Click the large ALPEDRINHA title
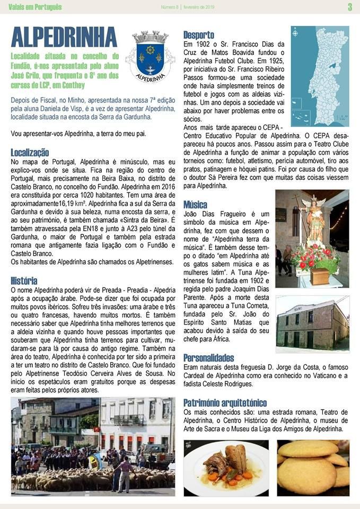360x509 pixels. [64, 37]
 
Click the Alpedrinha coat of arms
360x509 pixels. [150, 55]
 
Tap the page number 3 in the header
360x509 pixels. [350, 7]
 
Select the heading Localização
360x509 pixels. [30, 153]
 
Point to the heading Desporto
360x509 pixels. [199, 35]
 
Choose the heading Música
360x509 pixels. [195, 205]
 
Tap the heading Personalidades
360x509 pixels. [208, 357]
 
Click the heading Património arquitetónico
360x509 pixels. [225, 402]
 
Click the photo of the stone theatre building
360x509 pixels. [312, 323]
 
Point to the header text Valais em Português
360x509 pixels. [35, 7]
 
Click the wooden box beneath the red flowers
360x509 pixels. [320, 276]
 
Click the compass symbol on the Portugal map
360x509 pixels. [296, 32]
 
